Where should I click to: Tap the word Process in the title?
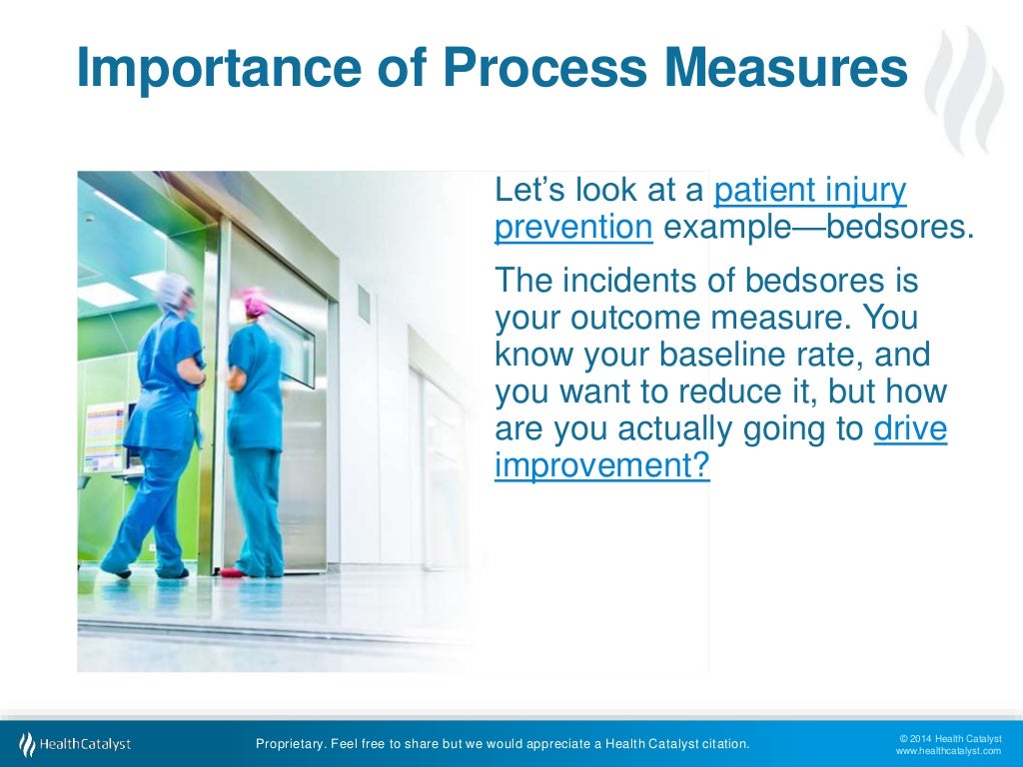point(518,68)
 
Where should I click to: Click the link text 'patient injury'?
point(810,189)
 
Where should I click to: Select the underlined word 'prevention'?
point(573,228)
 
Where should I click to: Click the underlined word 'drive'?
point(910,428)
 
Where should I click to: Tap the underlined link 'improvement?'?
point(601,467)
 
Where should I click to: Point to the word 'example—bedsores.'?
point(818,228)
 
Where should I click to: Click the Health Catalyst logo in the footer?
point(75,744)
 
